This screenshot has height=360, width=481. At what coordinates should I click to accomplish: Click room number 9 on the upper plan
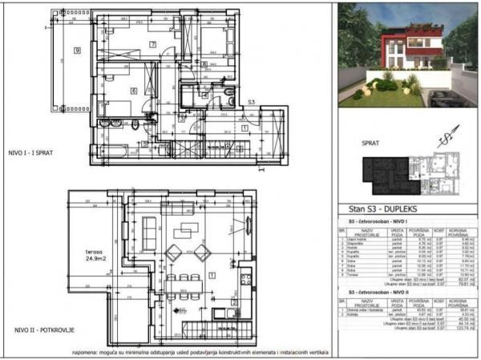pyautogui.click(x=77, y=51)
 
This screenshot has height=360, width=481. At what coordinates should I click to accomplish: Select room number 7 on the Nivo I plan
pyautogui.click(x=152, y=45)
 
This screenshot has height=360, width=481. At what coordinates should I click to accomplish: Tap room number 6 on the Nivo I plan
pyautogui.click(x=133, y=91)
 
